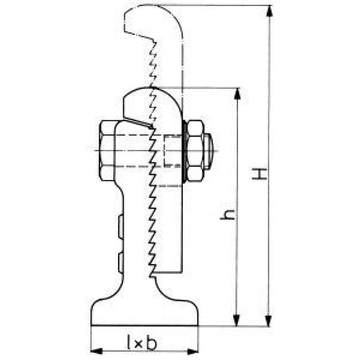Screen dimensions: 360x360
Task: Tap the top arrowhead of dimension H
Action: tap(269, 10)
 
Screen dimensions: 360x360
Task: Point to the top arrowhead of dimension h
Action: tap(237, 93)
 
